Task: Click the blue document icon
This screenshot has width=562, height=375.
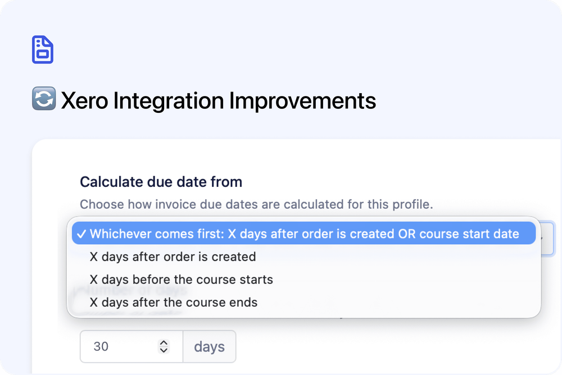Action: [x=43, y=49]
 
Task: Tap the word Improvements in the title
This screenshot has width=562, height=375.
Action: [x=302, y=101]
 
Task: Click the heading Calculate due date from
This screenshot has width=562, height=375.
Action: [x=161, y=182]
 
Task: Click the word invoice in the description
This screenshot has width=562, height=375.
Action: [x=197, y=204]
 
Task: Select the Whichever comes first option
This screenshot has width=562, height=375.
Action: [x=304, y=234]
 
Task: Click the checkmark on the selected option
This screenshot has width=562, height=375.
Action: [x=81, y=234]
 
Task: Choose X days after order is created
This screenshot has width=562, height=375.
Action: [x=173, y=257]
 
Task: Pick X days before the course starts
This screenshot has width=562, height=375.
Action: [x=181, y=280]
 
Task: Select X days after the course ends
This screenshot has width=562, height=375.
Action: [x=173, y=302]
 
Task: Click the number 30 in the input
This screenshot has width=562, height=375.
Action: [x=101, y=346]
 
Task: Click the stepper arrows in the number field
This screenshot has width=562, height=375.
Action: [x=164, y=346]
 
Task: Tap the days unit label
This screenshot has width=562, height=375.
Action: [x=209, y=346]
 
